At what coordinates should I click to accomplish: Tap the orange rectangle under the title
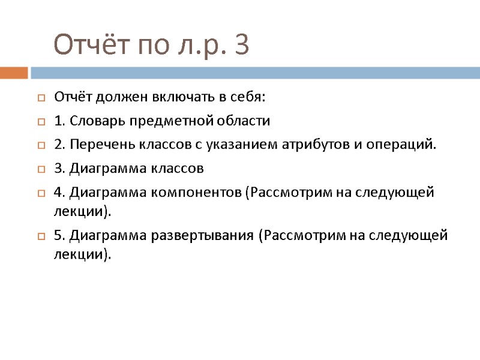point(14,73)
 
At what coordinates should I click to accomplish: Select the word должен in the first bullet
point(116,97)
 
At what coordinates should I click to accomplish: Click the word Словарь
point(95,121)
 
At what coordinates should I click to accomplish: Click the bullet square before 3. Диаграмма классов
point(41,169)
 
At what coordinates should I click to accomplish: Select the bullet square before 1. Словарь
point(41,121)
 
